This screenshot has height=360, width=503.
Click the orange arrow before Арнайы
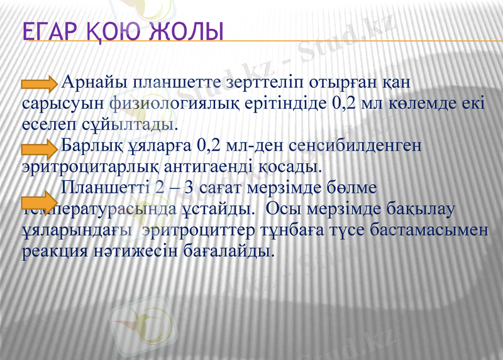(40, 84)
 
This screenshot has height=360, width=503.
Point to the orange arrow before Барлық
(40, 148)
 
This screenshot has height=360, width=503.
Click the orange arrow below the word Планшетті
(40, 202)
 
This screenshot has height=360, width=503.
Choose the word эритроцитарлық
(88, 166)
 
